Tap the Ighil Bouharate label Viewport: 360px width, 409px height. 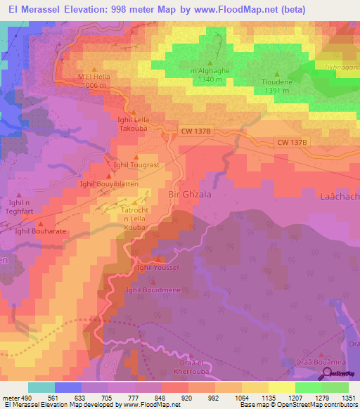coord(41,231)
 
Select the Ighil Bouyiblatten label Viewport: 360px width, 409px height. coord(109,183)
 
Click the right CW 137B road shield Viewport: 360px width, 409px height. coord(291,142)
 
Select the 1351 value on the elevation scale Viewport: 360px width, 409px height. coord(347,398)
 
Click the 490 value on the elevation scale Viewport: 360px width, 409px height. coord(26,398)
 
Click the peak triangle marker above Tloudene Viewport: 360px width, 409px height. coord(276,74)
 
